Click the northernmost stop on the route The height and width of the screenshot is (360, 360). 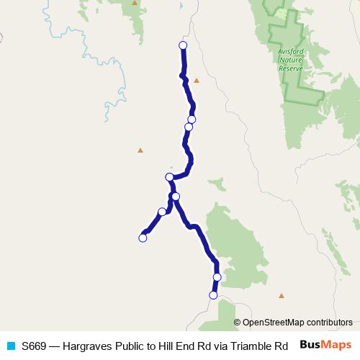[x=182, y=45]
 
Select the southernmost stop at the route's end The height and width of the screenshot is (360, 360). [x=213, y=295]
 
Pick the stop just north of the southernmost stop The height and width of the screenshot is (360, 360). [x=217, y=276]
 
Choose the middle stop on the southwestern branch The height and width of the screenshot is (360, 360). [x=161, y=212]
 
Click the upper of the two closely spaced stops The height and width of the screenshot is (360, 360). [x=192, y=120]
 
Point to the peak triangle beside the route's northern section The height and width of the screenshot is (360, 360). [x=196, y=80]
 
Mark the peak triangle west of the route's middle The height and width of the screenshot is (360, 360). [x=140, y=150]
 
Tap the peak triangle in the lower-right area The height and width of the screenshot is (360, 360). [x=282, y=295]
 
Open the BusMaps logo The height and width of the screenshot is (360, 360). [x=325, y=345]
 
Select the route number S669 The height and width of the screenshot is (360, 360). [x=34, y=346]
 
